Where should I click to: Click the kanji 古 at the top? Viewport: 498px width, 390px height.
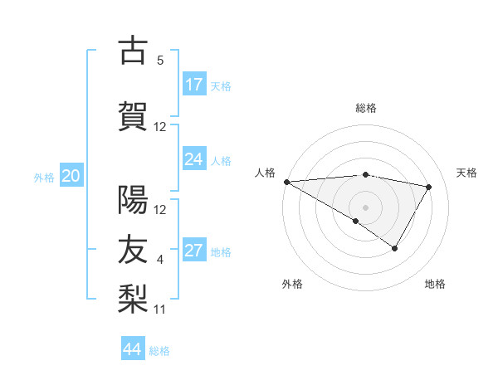click(x=133, y=51)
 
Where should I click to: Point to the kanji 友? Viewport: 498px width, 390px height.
click(x=133, y=247)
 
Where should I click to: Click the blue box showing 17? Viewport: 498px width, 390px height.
click(x=194, y=85)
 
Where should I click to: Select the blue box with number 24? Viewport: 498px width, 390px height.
click(x=194, y=159)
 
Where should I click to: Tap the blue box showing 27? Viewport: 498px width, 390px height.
click(x=194, y=251)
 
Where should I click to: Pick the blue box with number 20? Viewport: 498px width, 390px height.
click(x=71, y=176)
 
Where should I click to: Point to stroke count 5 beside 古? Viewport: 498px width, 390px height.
click(x=160, y=61)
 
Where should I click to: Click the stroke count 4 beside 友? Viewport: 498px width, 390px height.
click(x=160, y=260)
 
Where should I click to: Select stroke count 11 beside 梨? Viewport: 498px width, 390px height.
click(x=160, y=309)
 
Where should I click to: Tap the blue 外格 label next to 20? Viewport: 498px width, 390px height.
click(x=44, y=177)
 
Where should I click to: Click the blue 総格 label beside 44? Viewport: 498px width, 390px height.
click(x=159, y=350)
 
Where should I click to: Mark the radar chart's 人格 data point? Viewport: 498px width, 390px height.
click(x=286, y=182)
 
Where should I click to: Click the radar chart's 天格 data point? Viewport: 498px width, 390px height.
click(x=428, y=187)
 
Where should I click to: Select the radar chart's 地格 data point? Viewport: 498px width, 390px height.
click(x=395, y=248)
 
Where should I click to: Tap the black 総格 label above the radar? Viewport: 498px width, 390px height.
click(x=365, y=108)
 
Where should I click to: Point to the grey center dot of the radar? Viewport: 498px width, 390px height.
click(x=365, y=207)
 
